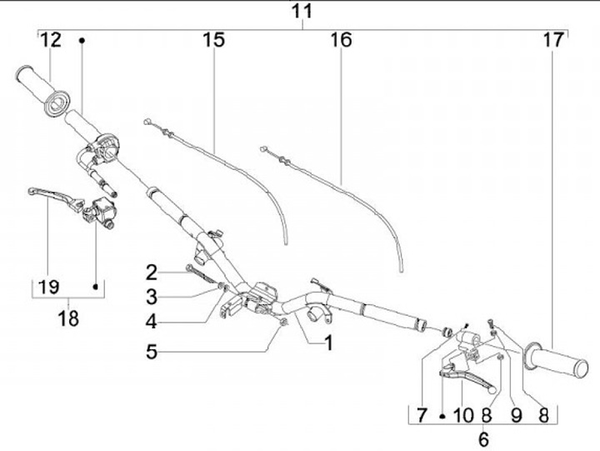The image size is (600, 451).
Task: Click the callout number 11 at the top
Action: pyautogui.click(x=302, y=12)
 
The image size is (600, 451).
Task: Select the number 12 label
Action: pyautogui.click(x=50, y=39)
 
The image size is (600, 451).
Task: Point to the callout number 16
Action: pyautogui.click(x=341, y=39)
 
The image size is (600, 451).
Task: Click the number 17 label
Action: pyautogui.click(x=552, y=39)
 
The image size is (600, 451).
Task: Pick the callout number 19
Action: pyautogui.click(x=49, y=287)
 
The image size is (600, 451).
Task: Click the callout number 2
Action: pyautogui.click(x=151, y=271)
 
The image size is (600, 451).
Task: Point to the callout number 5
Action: pyautogui.click(x=151, y=352)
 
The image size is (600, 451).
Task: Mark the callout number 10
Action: pyautogui.click(x=463, y=414)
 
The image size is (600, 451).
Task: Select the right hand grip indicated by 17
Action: pyautogui.click(x=563, y=363)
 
